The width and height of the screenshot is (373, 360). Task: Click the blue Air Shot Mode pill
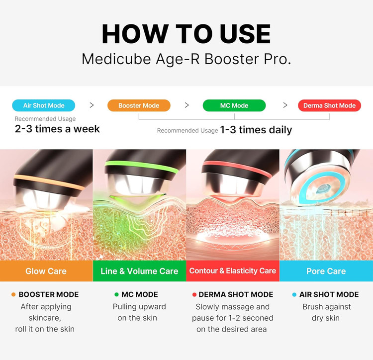pos(44,105)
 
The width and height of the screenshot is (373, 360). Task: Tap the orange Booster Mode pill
pos(139,105)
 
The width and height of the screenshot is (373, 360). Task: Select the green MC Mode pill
pos(234,105)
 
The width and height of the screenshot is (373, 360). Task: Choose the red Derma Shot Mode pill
pos(329,105)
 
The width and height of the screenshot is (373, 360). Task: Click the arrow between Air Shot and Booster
pos(92,105)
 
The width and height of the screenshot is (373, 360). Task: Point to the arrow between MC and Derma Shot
pos(285,105)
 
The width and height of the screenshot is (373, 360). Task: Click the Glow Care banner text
pos(46,271)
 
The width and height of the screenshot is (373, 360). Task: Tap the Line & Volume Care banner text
pos(139,271)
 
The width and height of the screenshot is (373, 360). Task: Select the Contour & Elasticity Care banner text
pos(233,270)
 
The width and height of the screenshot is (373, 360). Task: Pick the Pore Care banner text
pos(326,271)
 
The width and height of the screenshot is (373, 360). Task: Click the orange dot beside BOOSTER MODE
pos(13,294)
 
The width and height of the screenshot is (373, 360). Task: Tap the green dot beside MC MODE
pos(116,294)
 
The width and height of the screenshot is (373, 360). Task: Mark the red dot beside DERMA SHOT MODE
pos(194,294)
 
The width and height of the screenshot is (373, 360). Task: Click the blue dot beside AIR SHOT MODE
pos(294,294)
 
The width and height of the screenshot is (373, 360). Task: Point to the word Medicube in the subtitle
pos(116,59)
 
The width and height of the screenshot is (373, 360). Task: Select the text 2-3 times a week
pos(57,129)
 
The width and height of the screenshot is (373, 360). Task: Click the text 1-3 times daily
pos(256,130)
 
